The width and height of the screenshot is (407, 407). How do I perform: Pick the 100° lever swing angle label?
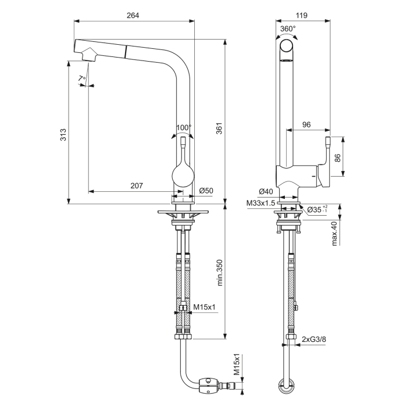point(183,127)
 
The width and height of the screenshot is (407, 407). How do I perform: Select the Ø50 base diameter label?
point(206,191)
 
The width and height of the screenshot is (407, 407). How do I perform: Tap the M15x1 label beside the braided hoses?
point(205,307)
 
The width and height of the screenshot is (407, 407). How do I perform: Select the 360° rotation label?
point(288,28)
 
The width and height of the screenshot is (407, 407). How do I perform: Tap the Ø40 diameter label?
point(266,191)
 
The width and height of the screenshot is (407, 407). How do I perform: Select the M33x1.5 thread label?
point(260,203)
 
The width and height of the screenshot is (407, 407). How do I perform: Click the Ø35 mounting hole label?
point(316,209)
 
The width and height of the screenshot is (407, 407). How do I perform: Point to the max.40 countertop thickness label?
point(335,233)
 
